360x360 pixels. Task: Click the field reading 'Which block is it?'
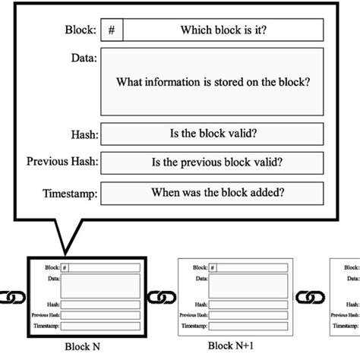223,30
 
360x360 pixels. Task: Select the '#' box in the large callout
112,30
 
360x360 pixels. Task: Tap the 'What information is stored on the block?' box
212,82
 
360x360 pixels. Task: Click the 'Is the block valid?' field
212,134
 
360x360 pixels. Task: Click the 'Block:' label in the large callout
81,31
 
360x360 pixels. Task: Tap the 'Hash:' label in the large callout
83,134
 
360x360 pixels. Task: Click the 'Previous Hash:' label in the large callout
62,162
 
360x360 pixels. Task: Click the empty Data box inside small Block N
100,286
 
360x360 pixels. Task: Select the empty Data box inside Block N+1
248,286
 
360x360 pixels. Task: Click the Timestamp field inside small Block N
100,326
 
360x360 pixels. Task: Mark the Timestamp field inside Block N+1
248,326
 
